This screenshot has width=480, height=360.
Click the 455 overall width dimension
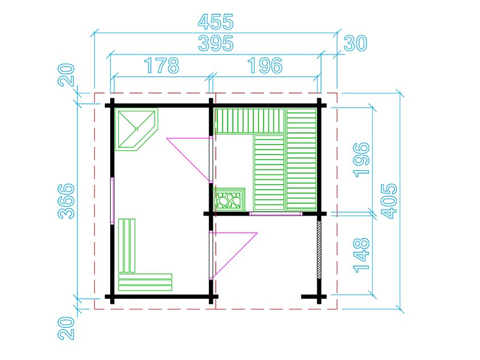click(x=216, y=23)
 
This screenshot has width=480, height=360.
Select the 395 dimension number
click(x=216, y=43)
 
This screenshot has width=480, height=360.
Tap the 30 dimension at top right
click(x=355, y=43)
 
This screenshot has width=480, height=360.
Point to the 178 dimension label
click(x=161, y=65)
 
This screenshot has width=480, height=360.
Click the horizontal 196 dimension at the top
click(x=264, y=65)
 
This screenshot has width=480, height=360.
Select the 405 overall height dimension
click(x=389, y=201)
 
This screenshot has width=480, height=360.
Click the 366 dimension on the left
click(x=67, y=201)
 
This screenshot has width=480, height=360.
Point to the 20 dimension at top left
click(x=67, y=75)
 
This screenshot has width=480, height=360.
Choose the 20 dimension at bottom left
click(x=67, y=330)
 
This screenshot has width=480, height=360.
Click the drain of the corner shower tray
click(x=137, y=129)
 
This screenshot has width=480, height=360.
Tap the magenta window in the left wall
click(x=112, y=200)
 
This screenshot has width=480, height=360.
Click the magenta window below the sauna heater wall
click(x=275, y=214)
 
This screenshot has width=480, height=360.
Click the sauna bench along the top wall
click(x=249, y=120)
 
